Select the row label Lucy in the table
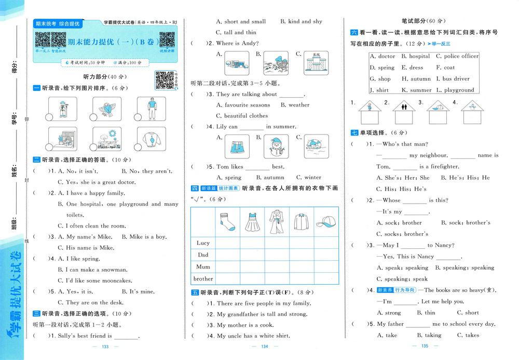coord(203,243)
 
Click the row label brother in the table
coord(203,278)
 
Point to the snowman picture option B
coord(276,146)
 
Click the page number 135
coord(424,346)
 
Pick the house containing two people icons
coord(404,110)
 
